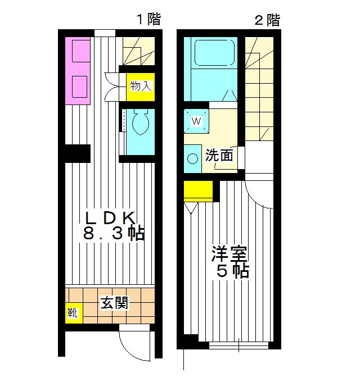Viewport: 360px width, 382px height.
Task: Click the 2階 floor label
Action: click(x=267, y=20)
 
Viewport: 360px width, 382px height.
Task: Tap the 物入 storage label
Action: click(x=141, y=86)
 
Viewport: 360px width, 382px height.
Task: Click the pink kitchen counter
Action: click(x=78, y=70)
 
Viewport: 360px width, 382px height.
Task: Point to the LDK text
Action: click(x=110, y=217)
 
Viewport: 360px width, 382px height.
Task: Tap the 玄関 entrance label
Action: click(x=115, y=303)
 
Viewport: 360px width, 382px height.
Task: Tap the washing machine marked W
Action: click(x=197, y=120)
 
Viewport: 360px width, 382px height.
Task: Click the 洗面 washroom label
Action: click(x=219, y=156)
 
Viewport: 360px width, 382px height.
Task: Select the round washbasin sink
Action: click(x=193, y=158)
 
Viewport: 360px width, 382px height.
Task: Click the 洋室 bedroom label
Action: click(x=231, y=253)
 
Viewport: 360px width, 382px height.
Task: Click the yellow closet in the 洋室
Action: click(x=198, y=191)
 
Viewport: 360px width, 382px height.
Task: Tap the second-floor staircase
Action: click(x=259, y=90)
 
